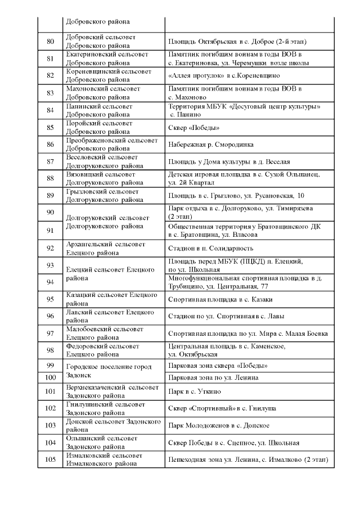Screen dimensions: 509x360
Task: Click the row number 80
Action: pos(50,41)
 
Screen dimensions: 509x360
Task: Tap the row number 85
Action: pos(50,127)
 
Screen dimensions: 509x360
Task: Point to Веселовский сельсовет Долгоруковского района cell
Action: pos(105,162)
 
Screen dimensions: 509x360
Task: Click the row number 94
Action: pos(50,282)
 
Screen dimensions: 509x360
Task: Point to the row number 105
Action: pos(50,460)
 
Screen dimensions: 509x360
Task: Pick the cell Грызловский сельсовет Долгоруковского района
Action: pos(105,196)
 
